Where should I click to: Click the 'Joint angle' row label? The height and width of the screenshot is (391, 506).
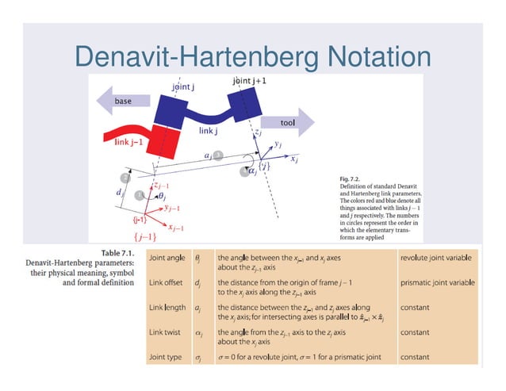(x=168, y=258)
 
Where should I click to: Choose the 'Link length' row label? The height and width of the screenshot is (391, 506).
(x=168, y=307)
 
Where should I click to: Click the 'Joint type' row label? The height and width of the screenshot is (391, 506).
(x=167, y=357)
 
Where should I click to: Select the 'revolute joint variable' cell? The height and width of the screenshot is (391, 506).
(x=439, y=258)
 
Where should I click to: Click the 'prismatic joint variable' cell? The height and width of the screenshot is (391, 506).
(x=439, y=282)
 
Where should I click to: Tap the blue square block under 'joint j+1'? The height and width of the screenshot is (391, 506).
(x=243, y=102)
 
